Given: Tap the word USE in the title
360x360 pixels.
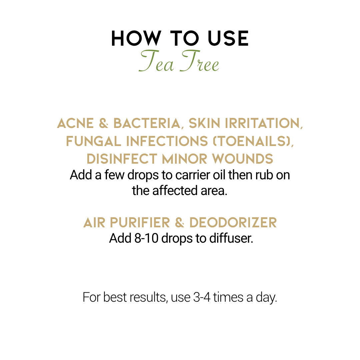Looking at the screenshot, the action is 228,38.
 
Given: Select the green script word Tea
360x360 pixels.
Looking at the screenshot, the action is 156,61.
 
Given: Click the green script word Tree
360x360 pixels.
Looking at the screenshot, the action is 199,61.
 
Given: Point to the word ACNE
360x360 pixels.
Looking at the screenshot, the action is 75,123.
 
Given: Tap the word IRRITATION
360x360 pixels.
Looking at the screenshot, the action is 264,124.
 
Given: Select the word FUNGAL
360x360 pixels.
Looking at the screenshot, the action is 93,141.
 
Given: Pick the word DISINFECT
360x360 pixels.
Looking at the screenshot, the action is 122,159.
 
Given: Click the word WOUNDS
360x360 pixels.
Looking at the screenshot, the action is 242,159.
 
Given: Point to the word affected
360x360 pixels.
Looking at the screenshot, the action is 175,191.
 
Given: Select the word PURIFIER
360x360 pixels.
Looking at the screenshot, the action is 140,223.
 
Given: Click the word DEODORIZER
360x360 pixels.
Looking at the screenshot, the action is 233,223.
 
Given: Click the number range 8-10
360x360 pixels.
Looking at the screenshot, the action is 146,238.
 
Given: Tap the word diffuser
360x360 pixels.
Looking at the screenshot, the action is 231,238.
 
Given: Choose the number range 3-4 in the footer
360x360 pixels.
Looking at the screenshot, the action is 202,298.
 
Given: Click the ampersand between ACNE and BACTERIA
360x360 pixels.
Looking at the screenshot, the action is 104,123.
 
